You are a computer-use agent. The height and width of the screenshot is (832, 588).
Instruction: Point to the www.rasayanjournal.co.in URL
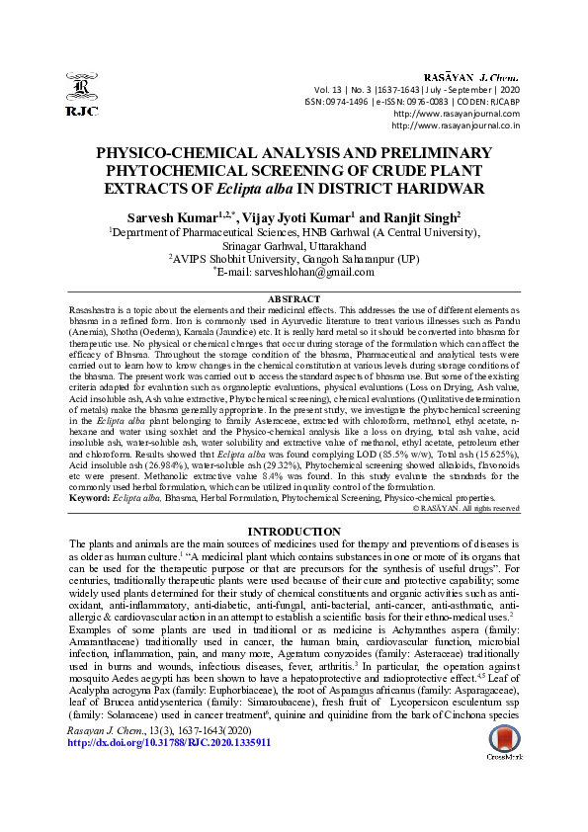point(456,125)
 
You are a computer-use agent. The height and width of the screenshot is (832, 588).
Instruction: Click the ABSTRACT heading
point(294,298)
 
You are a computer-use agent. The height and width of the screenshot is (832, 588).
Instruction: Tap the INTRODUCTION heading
point(294,532)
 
